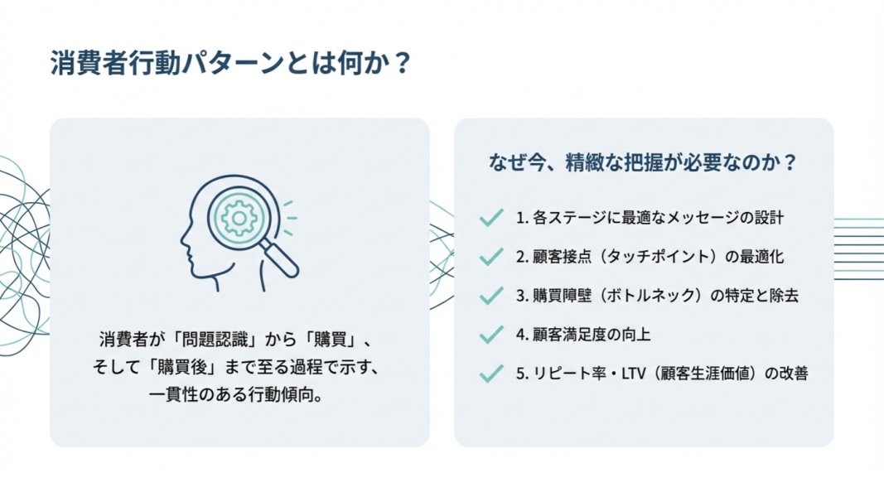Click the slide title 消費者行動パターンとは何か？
click(231, 62)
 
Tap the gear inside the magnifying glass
click(239, 218)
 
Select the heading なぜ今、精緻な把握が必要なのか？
click(643, 162)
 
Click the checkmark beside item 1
click(491, 217)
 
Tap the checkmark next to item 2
click(491, 257)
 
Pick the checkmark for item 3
click(491, 295)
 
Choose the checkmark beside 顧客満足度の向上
click(491, 334)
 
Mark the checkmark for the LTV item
click(491, 373)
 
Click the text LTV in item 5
click(634, 374)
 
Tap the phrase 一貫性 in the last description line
click(173, 394)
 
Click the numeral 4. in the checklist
click(522, 335)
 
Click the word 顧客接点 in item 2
click(562, 257)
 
